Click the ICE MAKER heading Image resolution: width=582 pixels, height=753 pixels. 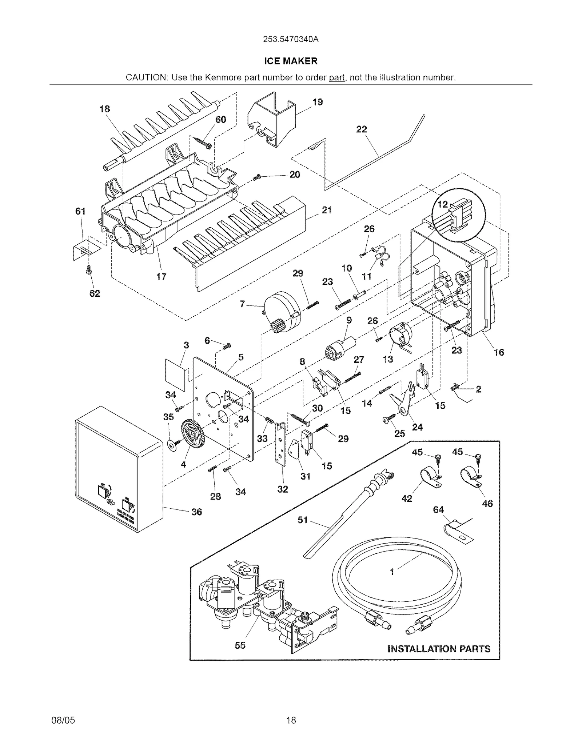[x=291, y=61]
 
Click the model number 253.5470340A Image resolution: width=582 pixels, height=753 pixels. [x=291, y=39]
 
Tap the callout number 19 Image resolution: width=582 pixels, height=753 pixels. [x=317, y=102]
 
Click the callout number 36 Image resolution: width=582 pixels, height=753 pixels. [x=196, y=512]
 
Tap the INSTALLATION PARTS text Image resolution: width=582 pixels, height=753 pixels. [x=439, y=649]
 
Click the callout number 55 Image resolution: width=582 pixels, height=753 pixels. [x=240, y=645]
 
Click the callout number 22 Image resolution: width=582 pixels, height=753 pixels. [x=361, y=129]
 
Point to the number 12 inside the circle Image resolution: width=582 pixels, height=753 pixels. [x=442, y=204]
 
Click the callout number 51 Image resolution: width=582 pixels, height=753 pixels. [x=303, y=520]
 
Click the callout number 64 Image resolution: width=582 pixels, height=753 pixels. [x=438, y=510]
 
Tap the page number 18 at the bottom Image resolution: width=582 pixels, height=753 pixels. [x=291, y=720]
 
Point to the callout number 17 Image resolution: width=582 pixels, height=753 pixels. [x=161, y=277]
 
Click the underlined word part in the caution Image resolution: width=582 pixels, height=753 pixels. [x=336, y=78]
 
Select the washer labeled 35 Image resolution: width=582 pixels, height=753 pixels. [x=171, y=445]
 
